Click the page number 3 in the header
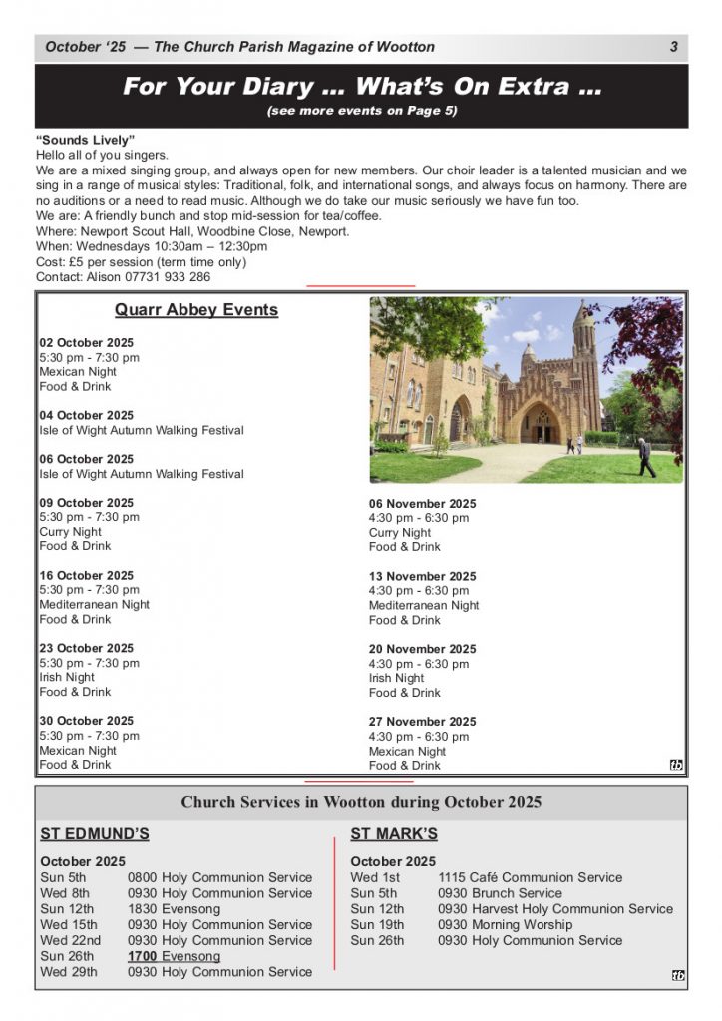click(x=674, y=47)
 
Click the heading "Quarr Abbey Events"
click(x=196, y=310)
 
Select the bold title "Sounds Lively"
click(x=85, y=139)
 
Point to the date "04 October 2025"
click(x=86, y=415)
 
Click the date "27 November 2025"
click(x=422, y=722)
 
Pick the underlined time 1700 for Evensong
click(x=142, y=956)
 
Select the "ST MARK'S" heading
click(x=393, y=834)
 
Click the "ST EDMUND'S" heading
click(x=94, y=834)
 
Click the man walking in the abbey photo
click(x=647, y=458)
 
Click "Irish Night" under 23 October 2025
click(x=67, y=677)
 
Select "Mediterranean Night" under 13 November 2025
click(x=424, y=605)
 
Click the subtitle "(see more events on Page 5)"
click(x=361, y=111)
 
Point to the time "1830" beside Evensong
click(x=142, y=909)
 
